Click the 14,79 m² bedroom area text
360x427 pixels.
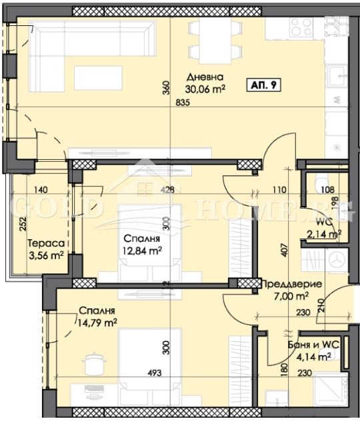click(x=97, y=323)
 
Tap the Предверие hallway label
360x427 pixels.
click(x=293, y=284)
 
